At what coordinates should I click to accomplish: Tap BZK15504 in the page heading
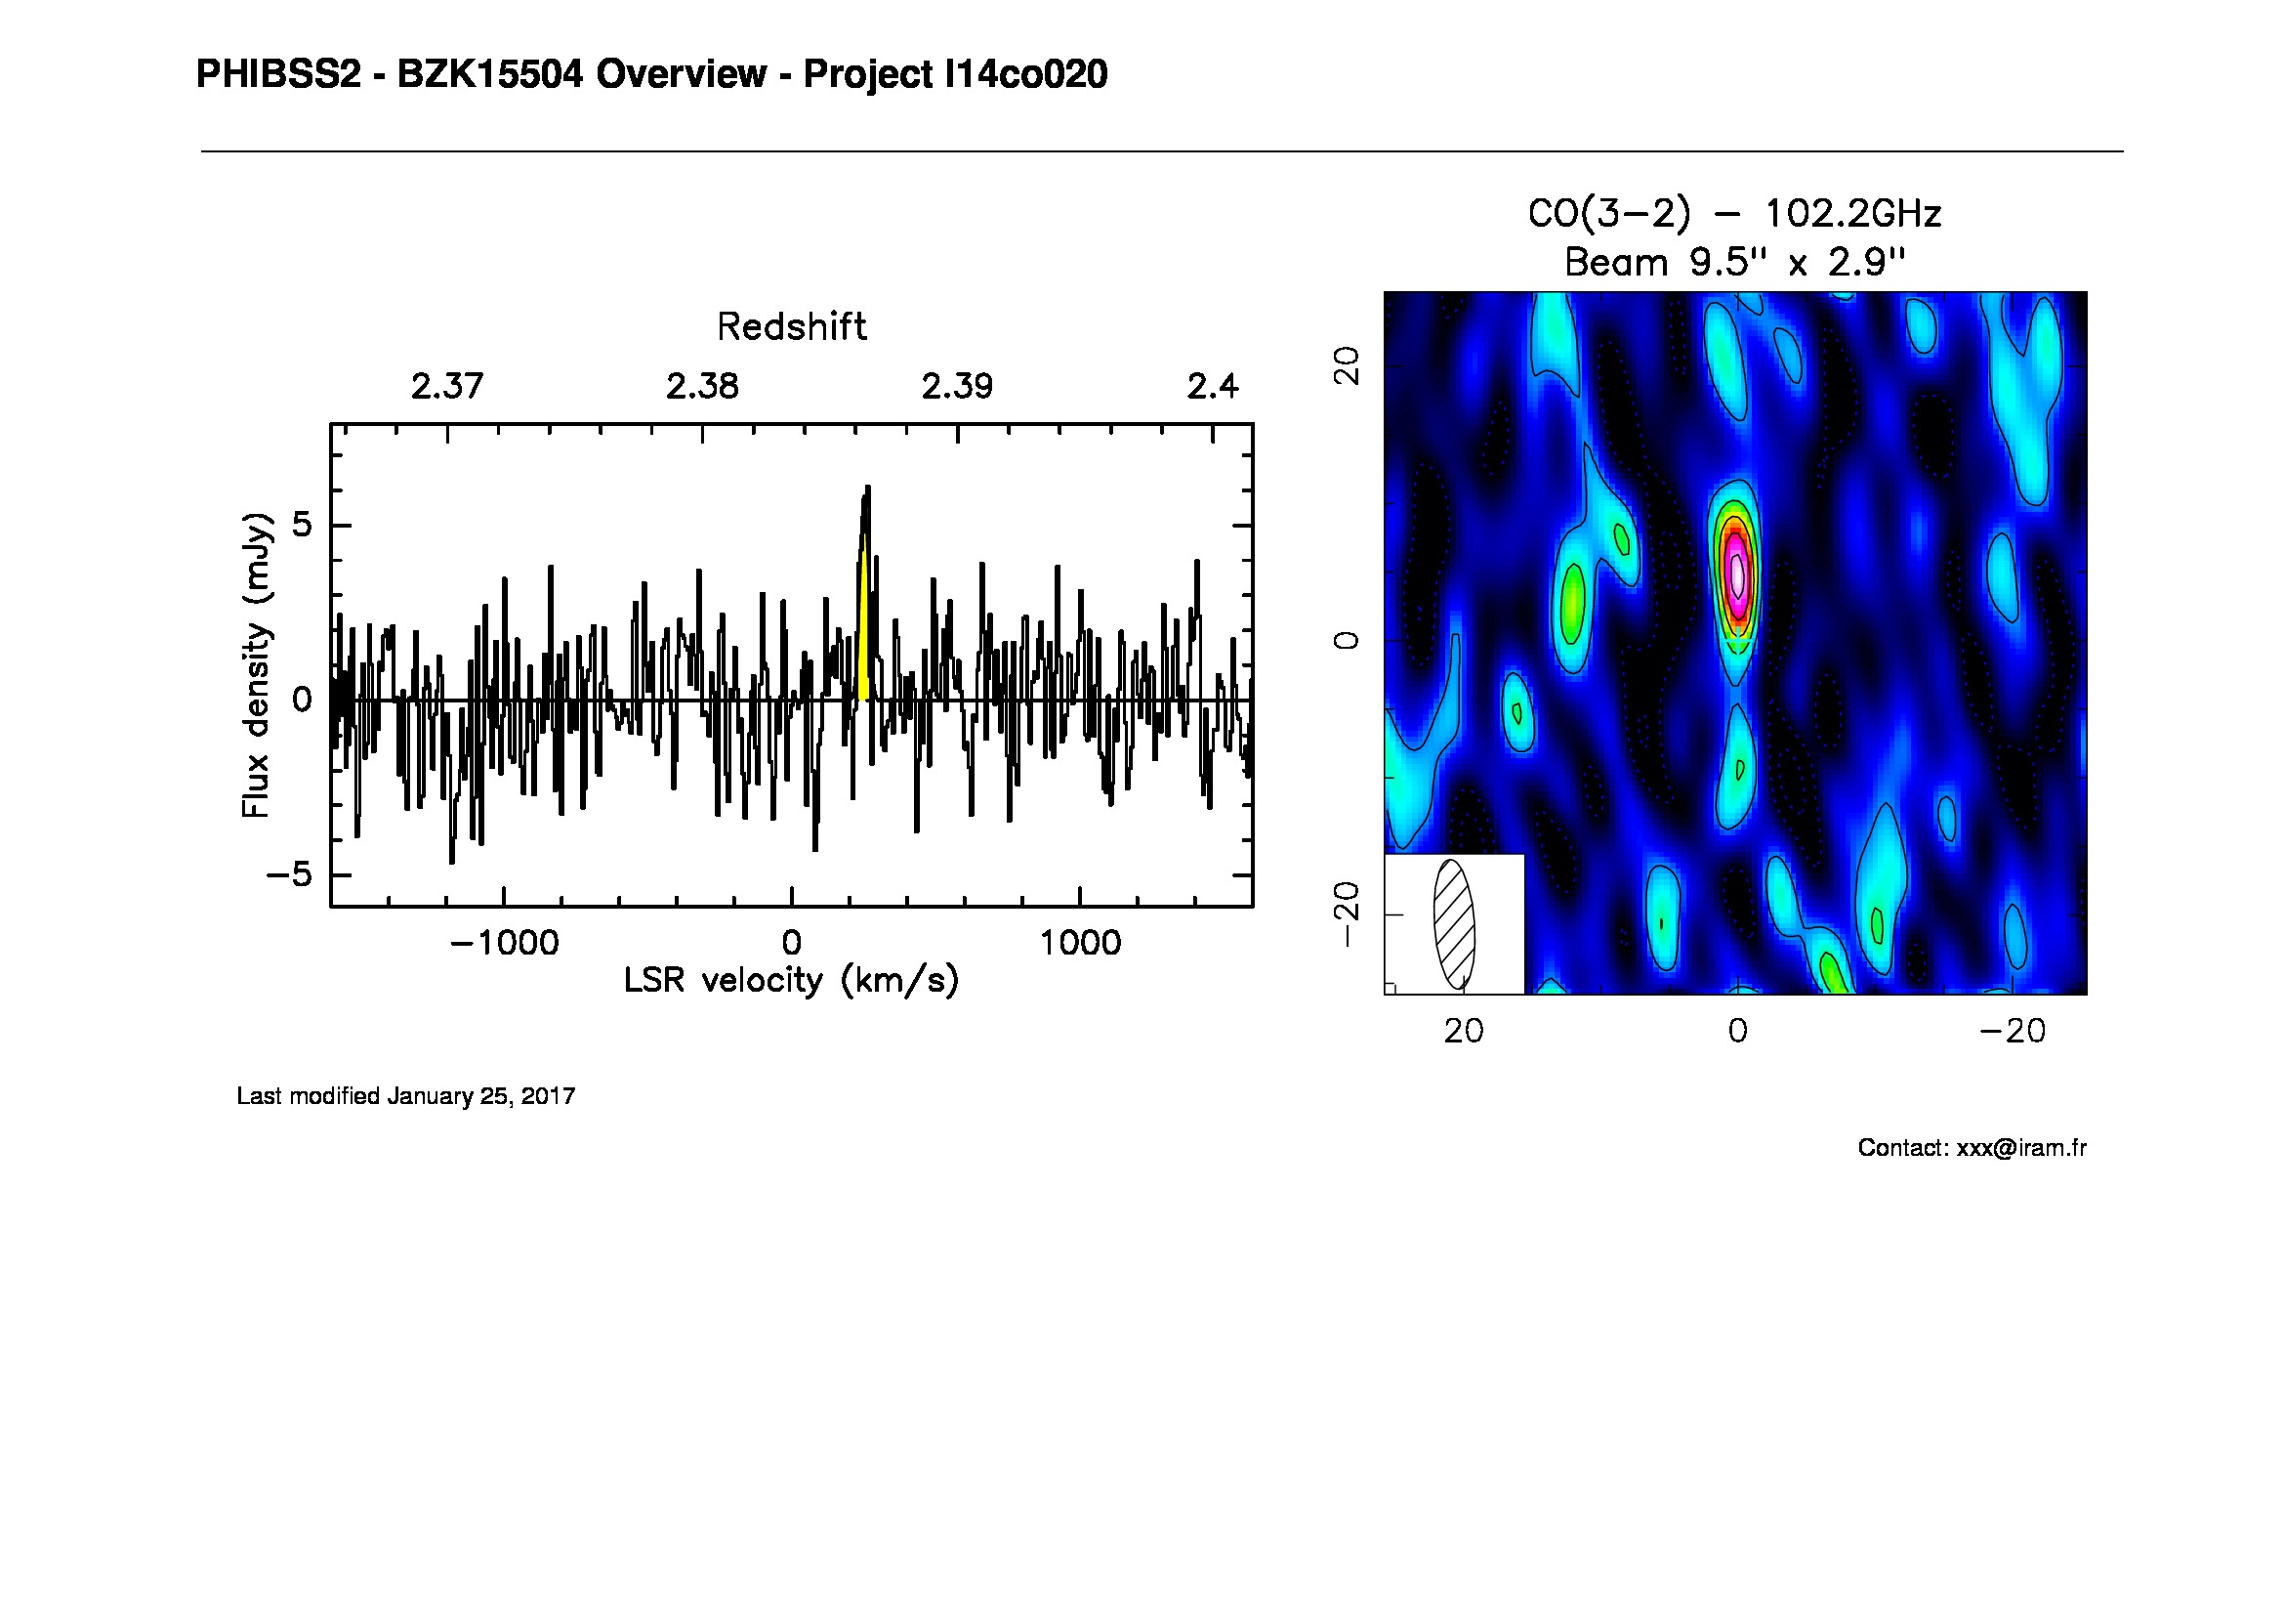pyautogui.click(x=489, y=74)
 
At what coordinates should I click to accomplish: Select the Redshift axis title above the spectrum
pyautogui.click(x=791, y=326)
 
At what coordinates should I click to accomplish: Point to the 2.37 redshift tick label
pyautogui.click(x=446, y=386)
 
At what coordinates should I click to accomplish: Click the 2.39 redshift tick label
pyautogui.click(x=956, y=386)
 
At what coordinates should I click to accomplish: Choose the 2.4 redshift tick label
pyautogui.click(x=1213, y=386)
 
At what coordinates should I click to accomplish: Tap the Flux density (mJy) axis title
pyautogui.click(x=257, y=664)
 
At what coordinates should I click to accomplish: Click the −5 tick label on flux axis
pyautogui.click(x=288, y=875)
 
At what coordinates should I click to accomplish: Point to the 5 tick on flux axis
pyautogui.click(x=302, y=526)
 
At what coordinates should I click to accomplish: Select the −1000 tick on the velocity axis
pyautogui.click(x=504, y=943)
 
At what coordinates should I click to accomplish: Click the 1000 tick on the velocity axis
pyautogui.click(x=1079, y=943)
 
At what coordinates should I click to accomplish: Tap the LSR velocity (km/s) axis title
pyautogui.click(x=791, y=981)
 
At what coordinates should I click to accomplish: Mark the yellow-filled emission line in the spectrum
pyautogui.click(x=864, y=637)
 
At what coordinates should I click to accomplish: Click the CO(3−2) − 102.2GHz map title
pyautogui.click(x=1734, y=213)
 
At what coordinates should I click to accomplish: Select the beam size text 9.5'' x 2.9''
pyautogui.click(x=1797, y=263)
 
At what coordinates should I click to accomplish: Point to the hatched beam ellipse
pyautogui.click(x=1453, y=923)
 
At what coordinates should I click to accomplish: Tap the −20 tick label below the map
pyautogui.click(x=2013, y=1031)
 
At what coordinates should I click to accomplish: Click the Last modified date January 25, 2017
pyautogui.click(x=481, y=1096)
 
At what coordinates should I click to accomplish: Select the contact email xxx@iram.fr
pyautogui.click(x=2020, y=1148)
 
